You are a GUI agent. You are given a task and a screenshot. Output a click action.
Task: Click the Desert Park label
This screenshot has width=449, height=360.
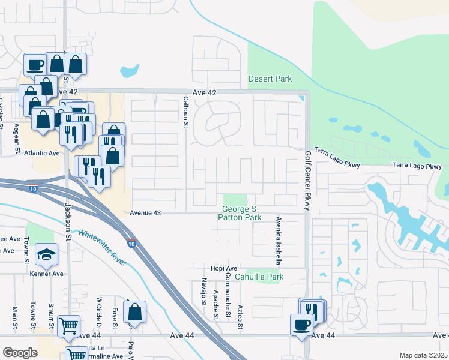(x=270, y=79)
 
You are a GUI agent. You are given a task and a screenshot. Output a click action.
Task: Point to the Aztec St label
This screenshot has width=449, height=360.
(x=240, y=316)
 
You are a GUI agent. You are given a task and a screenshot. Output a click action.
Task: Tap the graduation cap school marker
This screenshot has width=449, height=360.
(x=46, y=255)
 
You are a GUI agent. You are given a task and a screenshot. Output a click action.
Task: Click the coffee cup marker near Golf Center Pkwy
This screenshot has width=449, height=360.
(x=302, y=325)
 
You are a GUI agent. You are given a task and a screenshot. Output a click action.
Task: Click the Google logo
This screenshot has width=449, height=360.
(x=20, y=353)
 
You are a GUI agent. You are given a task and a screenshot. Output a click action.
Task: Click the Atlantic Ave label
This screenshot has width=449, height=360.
(x=42, y=153)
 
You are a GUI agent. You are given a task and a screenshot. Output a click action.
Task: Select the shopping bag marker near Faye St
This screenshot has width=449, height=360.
(x=134, y=312)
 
